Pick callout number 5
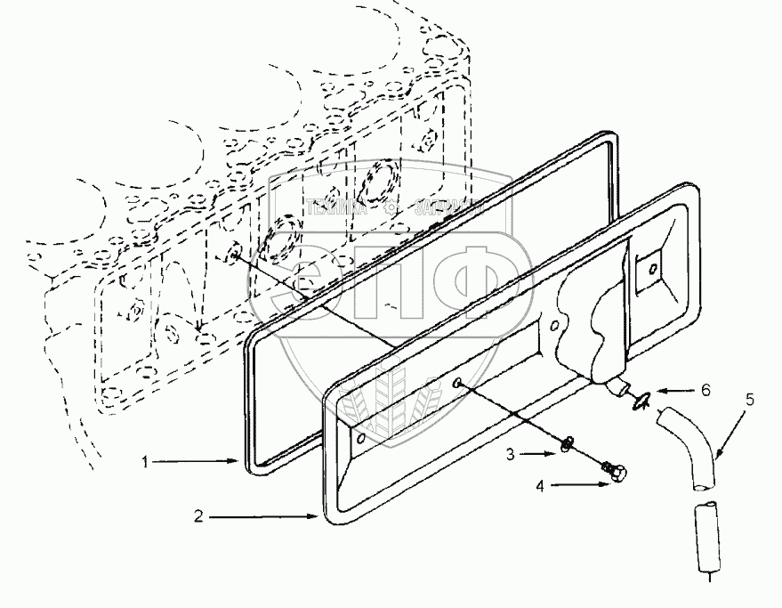coord(749,399)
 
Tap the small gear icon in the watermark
coord(398,210)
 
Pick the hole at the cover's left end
coord(359,438)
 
